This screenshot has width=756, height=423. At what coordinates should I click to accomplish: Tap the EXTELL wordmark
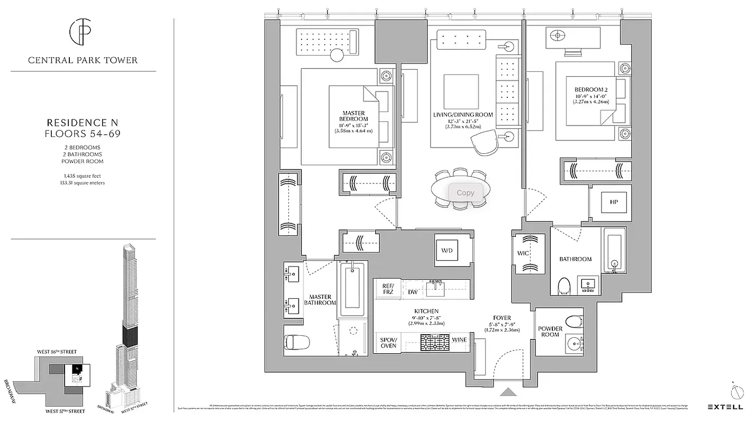[725, 407]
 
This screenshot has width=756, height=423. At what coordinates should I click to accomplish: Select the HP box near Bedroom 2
[614, 203]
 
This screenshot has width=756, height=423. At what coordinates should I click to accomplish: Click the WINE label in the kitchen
[459, 339]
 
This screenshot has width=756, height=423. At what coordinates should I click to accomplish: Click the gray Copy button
[466, 193]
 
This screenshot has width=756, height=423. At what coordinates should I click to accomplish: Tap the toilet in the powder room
[573, 321]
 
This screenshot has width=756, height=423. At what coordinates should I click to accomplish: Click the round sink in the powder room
[573, 344]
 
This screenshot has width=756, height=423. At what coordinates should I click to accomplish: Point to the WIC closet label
[523, 254]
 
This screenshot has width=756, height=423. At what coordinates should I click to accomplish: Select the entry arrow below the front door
[508, 392]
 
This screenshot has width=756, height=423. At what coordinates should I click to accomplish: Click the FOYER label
[499, 318]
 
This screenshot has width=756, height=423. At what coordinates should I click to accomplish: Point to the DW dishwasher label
[413, 292]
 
